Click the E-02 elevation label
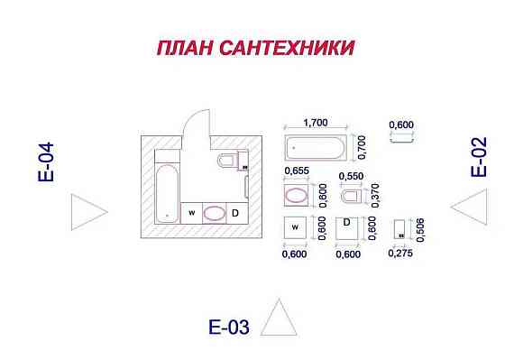[x=480, y=157]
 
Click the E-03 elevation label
[x=227, y=328]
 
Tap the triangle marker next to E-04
[x=87, y=212]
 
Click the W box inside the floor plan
[x=191, y=213]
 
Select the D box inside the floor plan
[x=235, y=213]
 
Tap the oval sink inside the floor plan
[x=214, y=213]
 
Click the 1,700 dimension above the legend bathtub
[x=315, y=122]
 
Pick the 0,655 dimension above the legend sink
[x=297, y=171]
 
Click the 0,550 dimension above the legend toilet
[x=350, y=175]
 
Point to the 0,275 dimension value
[x=399, y=254]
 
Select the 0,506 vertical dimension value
[x=421, y=229]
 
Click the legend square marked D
[x=347, y=229]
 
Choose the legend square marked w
[x=296, y=229]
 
